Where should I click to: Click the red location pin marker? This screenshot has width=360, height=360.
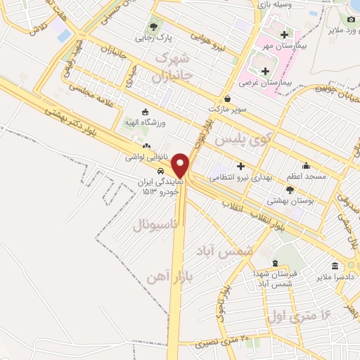(x=181, y=165)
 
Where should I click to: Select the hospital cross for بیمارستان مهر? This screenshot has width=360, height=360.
(x=283, y=34)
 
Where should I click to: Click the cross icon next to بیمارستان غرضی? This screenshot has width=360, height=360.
(x=264, y=71)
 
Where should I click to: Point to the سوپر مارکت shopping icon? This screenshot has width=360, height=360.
(x=226, y=99)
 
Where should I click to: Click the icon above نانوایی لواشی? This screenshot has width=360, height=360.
(x=146, y=146)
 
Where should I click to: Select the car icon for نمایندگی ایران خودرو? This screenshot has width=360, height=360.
(x=161, y=170)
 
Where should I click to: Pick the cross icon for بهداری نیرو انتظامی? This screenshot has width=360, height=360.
(x=240, y=166)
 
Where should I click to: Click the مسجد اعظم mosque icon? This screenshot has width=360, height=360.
(x=311, y=166)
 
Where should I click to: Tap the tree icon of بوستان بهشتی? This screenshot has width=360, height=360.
(x=290, y=190)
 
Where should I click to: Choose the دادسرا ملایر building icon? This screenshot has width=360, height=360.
(x=334, y=266)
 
